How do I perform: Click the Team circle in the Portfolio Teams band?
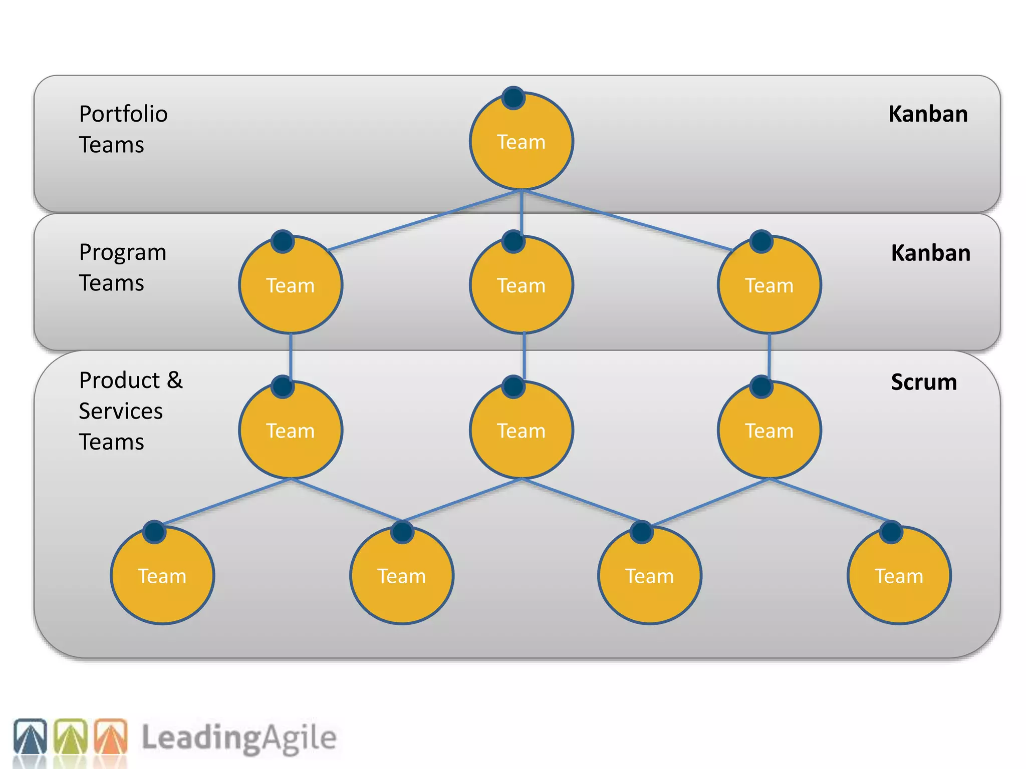[521, 142]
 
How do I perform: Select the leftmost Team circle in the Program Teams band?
[291, 285]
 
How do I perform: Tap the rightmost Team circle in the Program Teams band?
[769, 285]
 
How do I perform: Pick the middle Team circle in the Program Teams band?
[521, 285]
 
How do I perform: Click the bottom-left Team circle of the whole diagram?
[162, 576]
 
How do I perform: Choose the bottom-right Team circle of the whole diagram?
[899, 576]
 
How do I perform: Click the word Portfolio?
[123, 114]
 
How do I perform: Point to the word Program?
[123, 253]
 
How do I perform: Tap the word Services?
[121, 411]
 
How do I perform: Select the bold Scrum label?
[924, 382]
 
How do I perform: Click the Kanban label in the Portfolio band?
[928, 114]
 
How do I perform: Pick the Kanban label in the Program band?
[930, 253]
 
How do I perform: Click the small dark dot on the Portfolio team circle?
[514, 98]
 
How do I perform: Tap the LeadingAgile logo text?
[238, 738]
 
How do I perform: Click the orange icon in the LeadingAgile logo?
[111, 736]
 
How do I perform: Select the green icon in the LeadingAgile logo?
[71, 736]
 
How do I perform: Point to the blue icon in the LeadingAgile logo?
[30, 736]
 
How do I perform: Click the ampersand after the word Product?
[175, 380]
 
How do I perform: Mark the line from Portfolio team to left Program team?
[426, 220]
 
